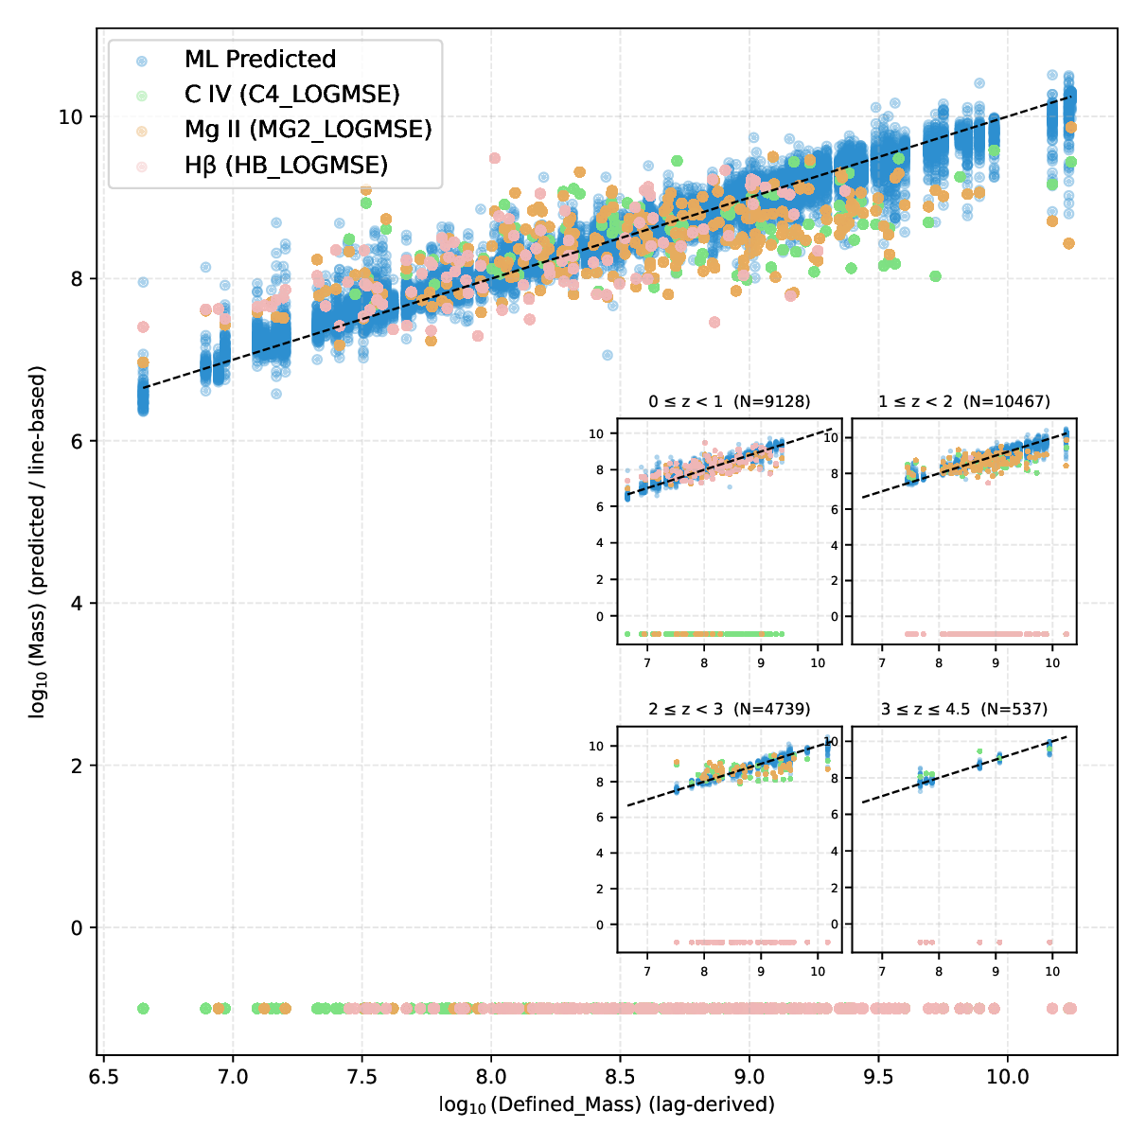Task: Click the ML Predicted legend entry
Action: coord(259,60)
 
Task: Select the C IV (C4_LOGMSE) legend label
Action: coord(291,95)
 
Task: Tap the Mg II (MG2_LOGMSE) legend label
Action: coord(308,130)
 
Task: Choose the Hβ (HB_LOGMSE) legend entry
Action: coord(286,166)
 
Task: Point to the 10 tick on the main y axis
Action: coord(71,116)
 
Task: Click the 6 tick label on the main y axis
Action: coord(78,441)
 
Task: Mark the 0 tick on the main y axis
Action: coord(78,927)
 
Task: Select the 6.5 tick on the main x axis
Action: coord(103,1077)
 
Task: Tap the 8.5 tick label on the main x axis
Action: coord(620,1077)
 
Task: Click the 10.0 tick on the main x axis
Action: coord(1007,1077)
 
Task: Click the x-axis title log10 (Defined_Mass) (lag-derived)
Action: coord(607,1104)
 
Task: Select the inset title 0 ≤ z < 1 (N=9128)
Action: coord(729,401)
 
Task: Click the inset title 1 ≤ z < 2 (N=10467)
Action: coord(963,401)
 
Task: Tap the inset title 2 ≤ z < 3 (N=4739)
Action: coord(729,709)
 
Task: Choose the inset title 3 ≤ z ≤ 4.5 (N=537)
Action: coord(963,709)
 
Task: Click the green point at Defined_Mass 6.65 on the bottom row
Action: coord(143,1008)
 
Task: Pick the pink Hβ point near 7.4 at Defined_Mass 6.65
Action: coord(143,326)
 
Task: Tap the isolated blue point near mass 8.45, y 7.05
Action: coord(608,355)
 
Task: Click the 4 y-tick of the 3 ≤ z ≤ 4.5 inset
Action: coord(860,852)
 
